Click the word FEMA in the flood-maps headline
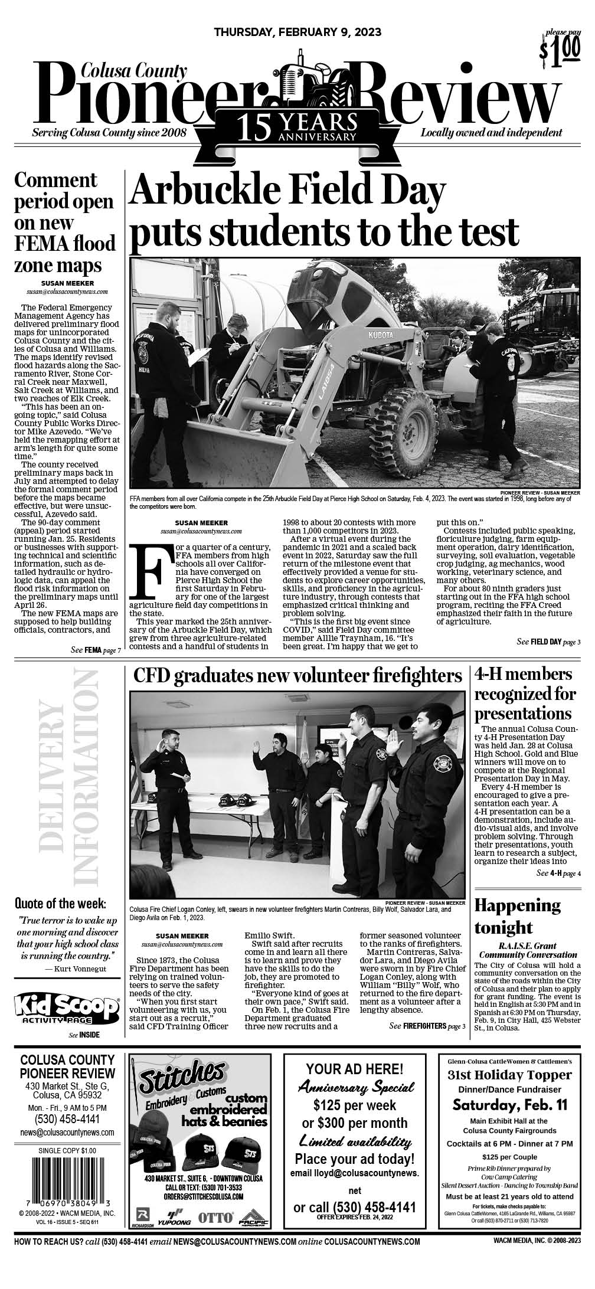tap(47, 243)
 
